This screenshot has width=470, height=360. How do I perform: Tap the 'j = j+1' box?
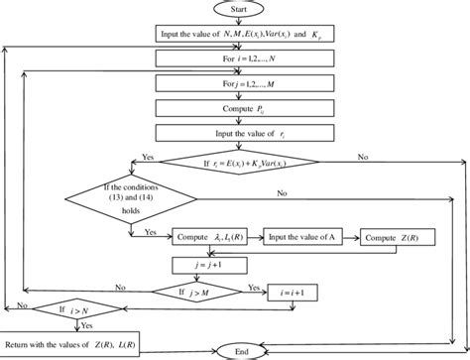point(212,265)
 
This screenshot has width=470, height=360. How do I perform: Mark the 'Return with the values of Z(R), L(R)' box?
point(71,342)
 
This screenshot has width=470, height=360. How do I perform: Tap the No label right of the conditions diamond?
point(284,191)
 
